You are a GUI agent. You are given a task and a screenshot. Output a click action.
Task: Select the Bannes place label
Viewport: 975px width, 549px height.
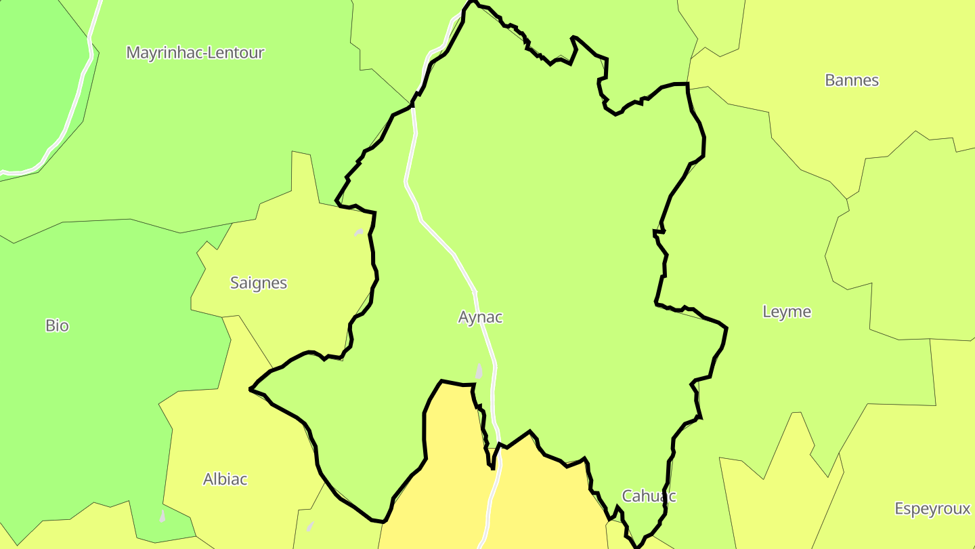coord(852,80)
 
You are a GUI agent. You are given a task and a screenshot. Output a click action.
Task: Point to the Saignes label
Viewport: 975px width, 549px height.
coord(259,283)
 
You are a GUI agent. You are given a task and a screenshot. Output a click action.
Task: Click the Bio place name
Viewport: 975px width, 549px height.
coord(57,325)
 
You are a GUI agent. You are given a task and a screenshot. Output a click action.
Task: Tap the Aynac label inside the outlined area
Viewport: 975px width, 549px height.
coord(480,317)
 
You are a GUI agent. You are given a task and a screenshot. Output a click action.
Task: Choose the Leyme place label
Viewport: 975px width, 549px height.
coord(786,312)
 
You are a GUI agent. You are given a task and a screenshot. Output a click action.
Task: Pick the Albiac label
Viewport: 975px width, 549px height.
coord(225,479)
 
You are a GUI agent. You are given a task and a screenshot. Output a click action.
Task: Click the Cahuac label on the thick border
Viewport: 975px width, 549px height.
coord(649,495)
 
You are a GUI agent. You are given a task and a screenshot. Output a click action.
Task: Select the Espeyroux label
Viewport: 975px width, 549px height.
coord(932,509)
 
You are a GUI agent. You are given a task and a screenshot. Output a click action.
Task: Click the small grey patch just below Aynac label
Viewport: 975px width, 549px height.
coord(479,371)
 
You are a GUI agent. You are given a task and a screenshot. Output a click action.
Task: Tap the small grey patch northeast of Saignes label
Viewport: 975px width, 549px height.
coord(359,232)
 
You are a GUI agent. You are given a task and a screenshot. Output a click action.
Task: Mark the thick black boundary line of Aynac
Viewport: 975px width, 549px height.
coord(704,146)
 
